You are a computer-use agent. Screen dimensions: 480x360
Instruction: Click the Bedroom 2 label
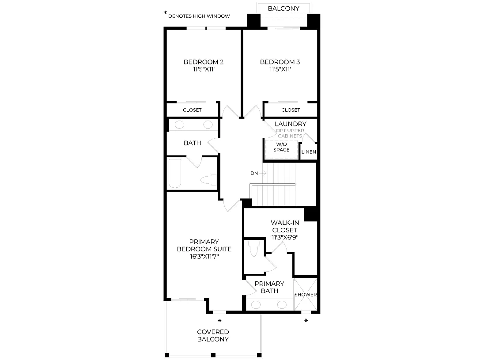pyautogui.click(x=204, y=62)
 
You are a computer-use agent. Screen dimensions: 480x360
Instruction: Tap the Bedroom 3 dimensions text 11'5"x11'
pyautogui.click(x=280, y=69)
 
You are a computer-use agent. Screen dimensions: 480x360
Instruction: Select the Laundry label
pyautogui.click(x=291, y=124)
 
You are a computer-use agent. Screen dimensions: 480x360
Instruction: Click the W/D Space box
pyautogui.click(x=281, y=149)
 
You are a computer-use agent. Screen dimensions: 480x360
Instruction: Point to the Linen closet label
pyautogui.click(x=309, y=152)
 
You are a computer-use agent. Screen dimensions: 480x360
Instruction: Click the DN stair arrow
pyautogui.click(x=263, y=173)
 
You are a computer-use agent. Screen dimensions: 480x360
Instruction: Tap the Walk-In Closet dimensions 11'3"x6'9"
pyautogui.click(x=285, y=237)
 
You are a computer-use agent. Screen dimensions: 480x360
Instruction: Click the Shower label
pyautogui.click(x=306, y=295)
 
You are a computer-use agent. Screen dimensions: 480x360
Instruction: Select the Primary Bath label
pyautogui.click(x=269, y=287)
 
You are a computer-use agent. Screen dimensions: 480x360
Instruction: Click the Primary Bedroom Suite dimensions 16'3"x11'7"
pyautogui.click(x=204, y=257)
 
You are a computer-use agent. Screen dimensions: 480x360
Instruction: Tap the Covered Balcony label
pyautogui.click(x=213, y=336)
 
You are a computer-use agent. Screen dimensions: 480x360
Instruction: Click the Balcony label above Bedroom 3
pyautogui.click(x=283, y=8)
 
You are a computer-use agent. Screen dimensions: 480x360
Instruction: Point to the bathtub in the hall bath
pyautogui.click(x=175, y=173)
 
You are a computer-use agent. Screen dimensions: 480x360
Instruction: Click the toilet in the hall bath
pyautogui.click(x=209, y=180)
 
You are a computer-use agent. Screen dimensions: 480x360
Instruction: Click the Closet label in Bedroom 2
pyautogui.click(x=192, y=110)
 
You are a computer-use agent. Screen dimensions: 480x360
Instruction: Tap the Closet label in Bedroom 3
pyautogui.click(x=291, y=110)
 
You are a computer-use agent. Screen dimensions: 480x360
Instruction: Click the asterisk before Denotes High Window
pyautogui.click(x=165, y=13)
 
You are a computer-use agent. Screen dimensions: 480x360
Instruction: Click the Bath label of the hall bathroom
pyautogui.click(x=192, y=143)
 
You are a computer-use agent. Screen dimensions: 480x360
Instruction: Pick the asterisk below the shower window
pyautogui.click(x=306, y=321)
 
